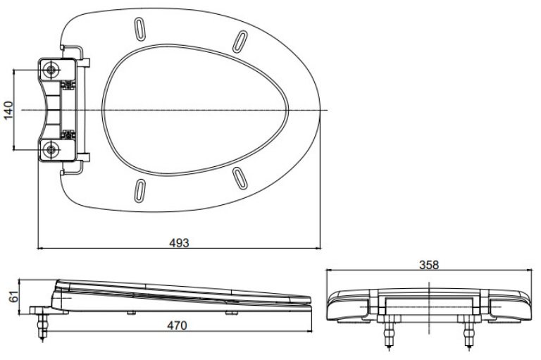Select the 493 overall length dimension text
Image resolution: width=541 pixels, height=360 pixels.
(x=180, y=242)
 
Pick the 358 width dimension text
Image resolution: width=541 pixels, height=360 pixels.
(x=428, y=265)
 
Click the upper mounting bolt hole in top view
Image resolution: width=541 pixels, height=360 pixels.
(x=51, y=70)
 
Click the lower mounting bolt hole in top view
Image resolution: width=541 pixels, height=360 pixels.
(x=51, y=149)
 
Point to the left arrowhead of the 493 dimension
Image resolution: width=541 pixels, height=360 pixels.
(x=39, y=248)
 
